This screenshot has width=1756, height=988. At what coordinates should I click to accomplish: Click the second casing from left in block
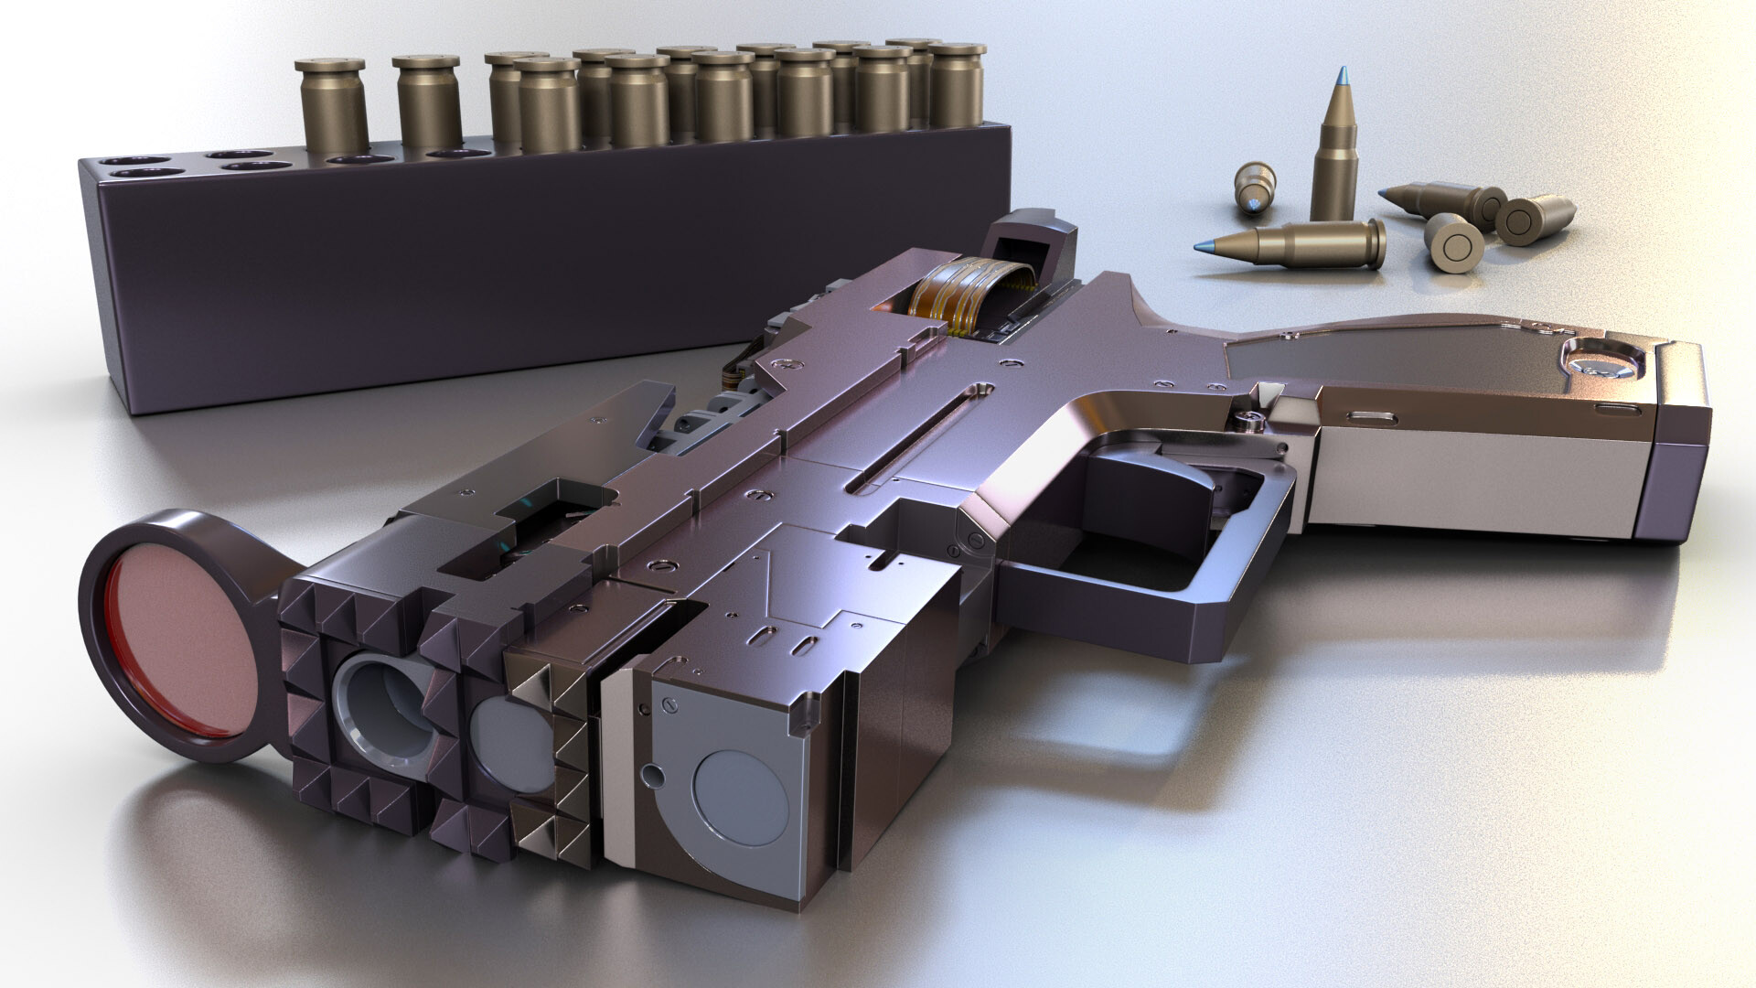[425, 101]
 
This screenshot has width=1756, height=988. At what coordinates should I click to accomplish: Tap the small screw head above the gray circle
[667, 704]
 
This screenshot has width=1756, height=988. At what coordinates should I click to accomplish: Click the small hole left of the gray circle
[651, 776]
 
